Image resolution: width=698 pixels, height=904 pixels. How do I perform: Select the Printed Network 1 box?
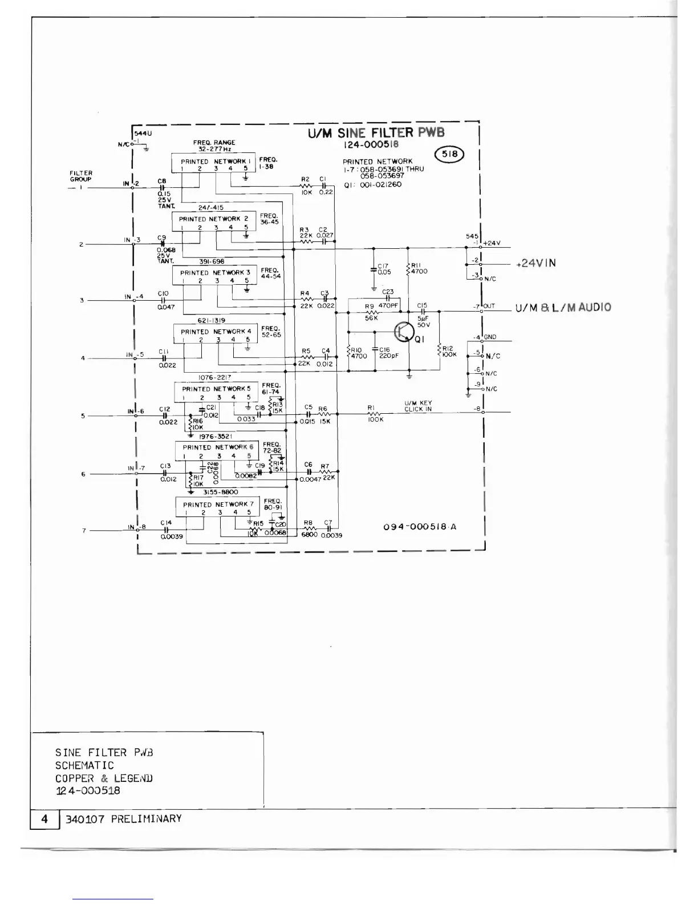213,164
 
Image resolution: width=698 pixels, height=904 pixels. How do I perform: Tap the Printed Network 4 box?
216,334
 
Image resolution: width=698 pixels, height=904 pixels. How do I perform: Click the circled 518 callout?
450,154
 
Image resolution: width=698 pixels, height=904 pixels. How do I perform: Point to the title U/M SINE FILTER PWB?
376,134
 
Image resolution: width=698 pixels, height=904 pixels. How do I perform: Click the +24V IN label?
535,263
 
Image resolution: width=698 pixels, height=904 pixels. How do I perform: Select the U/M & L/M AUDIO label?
563,308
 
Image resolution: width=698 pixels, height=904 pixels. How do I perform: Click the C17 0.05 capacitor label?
383,269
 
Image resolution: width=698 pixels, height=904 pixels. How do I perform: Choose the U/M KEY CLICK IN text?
418,406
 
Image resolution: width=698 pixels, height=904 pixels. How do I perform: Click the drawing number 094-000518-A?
420,527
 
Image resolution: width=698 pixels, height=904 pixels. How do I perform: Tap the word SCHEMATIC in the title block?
84,765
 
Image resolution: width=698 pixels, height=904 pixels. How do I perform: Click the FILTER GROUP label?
81,176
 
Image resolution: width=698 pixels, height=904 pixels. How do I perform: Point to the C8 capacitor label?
161,181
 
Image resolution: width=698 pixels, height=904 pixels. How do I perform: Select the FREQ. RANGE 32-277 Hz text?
214,145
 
